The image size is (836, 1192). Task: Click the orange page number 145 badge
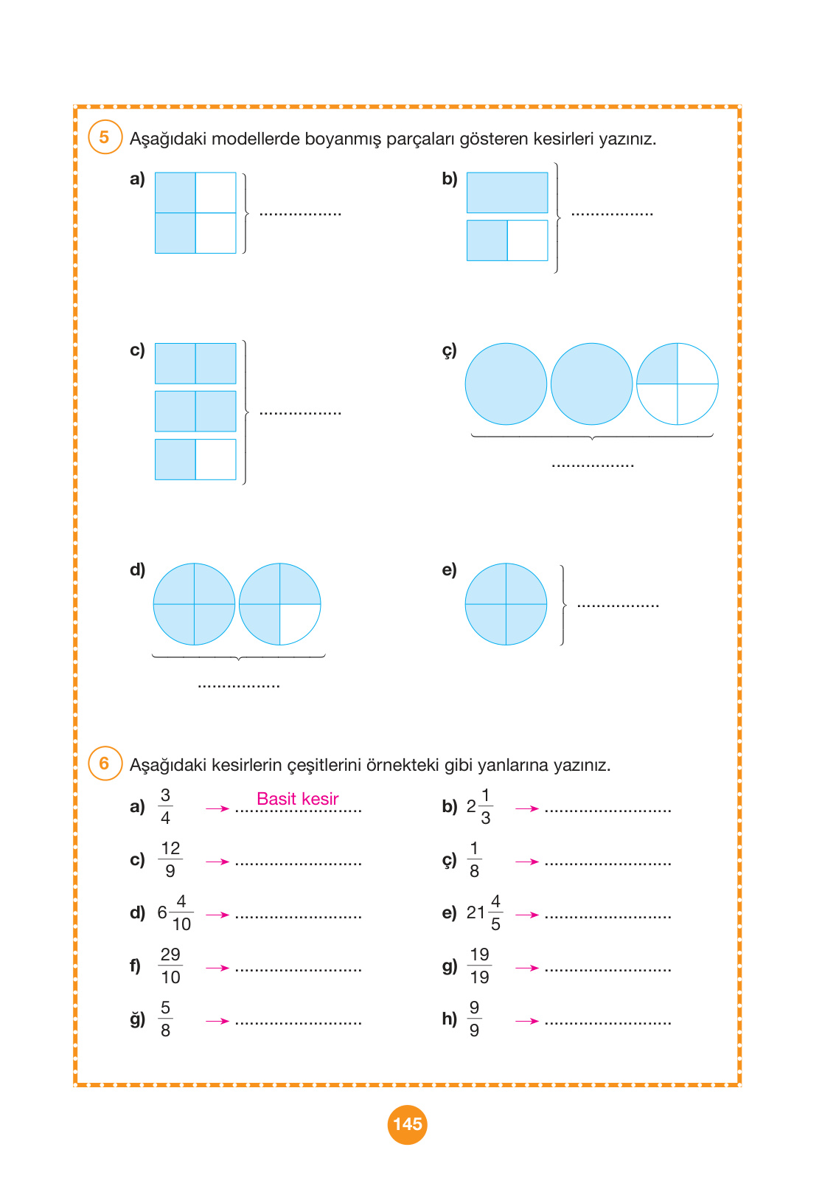[407, 1124]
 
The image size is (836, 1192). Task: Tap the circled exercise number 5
[105, 137]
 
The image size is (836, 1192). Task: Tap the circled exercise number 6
[105, 763]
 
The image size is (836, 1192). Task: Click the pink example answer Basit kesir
[297, 799]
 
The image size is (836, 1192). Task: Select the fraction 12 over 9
[170, 859]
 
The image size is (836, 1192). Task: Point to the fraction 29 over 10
[170, 966]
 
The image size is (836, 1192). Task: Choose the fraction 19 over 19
[479, 966]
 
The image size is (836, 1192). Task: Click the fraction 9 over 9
[474, 1019]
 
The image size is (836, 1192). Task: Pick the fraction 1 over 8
[474, 859]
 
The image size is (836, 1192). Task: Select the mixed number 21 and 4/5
[484, 912]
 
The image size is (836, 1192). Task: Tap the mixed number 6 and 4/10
[175, 912]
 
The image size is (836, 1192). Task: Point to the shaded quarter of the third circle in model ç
[658, 364]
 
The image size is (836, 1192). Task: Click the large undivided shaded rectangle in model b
[507, 193]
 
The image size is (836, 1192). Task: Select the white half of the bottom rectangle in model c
[215, 460]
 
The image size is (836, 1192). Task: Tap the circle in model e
[506, 604]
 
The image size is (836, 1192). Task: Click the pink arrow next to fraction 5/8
[217, 1021]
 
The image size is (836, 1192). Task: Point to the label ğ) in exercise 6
[137, 1019]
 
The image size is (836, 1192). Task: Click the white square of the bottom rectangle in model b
[527, 240]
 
